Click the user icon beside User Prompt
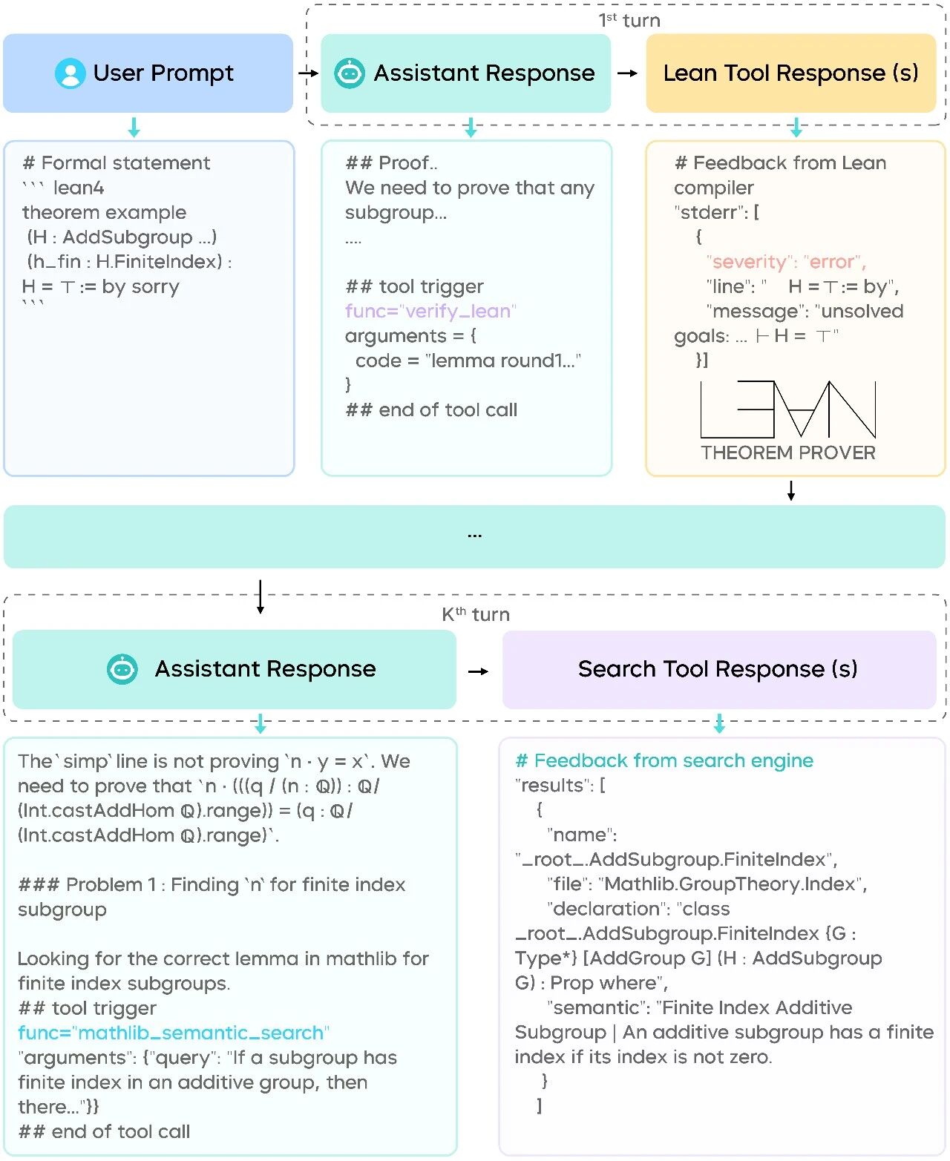[x=71, y=73]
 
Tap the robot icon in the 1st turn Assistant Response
[x=350, y=73]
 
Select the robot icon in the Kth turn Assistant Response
[x=122, y=669]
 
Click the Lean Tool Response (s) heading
[x=790, y=73]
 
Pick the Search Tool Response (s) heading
[x=718, y=669]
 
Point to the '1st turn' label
[x=629, y=20]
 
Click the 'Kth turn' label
[x=476, y=614]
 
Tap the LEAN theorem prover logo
[x=788, y=410]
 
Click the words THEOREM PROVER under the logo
[x=788, y=453]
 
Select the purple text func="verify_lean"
[x=430, y=312]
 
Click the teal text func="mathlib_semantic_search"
[x=174, y=1033]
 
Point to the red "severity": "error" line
[x=786, y=262]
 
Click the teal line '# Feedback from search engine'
[x=664, y=760]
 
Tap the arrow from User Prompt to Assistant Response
[x=307, y=73]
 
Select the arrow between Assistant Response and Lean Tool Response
[x=628, y=73]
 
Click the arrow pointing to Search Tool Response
[x=479, y=671]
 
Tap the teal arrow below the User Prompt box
[x=134, y=127]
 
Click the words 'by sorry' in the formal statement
[x=140, y=287]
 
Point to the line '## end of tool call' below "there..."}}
[x=104, y=1131]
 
